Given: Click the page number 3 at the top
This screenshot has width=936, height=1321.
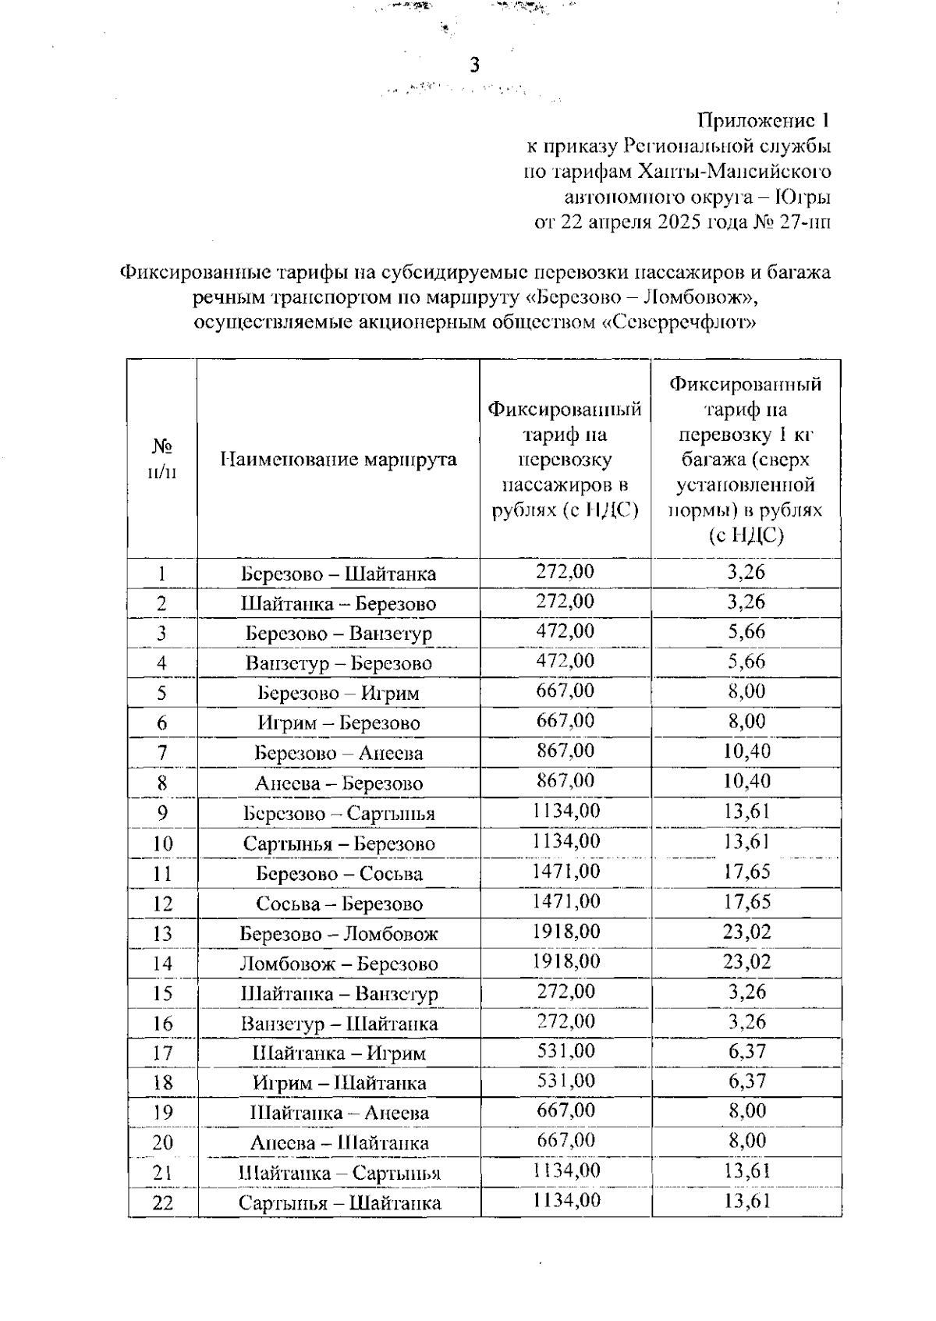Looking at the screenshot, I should pos(473,66).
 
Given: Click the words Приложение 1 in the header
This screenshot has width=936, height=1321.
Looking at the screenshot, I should pos(763,121).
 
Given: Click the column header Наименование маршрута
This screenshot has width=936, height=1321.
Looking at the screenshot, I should pos(338,459).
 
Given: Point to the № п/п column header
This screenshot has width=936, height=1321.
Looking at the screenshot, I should pos(162,459).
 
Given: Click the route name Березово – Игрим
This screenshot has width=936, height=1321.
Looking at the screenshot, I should pos(338,693).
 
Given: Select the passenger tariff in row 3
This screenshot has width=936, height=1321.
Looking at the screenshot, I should pos(565,630).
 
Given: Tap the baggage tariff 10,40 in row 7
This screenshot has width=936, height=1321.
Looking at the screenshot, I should pos(746,751).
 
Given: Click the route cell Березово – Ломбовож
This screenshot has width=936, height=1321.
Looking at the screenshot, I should pos(338,933).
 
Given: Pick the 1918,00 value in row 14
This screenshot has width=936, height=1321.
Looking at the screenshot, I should pos(565,961).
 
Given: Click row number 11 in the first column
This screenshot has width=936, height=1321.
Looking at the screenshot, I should pos(162,873).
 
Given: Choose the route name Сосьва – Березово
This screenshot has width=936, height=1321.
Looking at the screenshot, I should pos(339,904).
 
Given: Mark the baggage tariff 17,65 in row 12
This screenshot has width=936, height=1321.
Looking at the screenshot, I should pos(746,901).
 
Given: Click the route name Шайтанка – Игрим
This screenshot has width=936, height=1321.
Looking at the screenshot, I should pos(339,1053).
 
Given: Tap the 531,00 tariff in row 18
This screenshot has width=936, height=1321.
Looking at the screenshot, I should pos(565,1081).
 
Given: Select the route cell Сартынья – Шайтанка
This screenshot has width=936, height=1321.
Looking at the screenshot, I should pos(339,1202).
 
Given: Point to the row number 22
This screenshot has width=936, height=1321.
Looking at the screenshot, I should pos(162,1202).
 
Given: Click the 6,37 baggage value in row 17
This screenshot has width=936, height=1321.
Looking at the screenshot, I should pos(746,1051).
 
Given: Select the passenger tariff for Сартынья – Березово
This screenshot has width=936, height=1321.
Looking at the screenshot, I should pos(565,841).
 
